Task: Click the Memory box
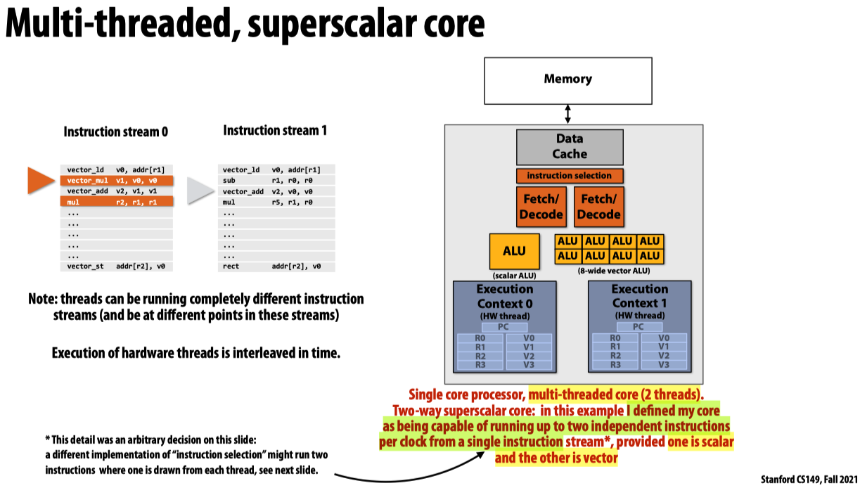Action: pos(567,79)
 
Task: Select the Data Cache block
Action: pos(570,146)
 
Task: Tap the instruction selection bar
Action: pos(570,176)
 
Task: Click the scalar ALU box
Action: pos(513,251)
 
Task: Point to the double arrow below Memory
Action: pos(567,113)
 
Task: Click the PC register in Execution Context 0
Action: pos(503,327)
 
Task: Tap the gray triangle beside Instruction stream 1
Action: pos(200,191)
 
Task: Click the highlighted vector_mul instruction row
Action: pos(116,180)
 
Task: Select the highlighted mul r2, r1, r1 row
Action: pos(116,202)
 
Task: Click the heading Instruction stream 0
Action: pos(116,131)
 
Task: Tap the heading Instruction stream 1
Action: pos(275,130)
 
